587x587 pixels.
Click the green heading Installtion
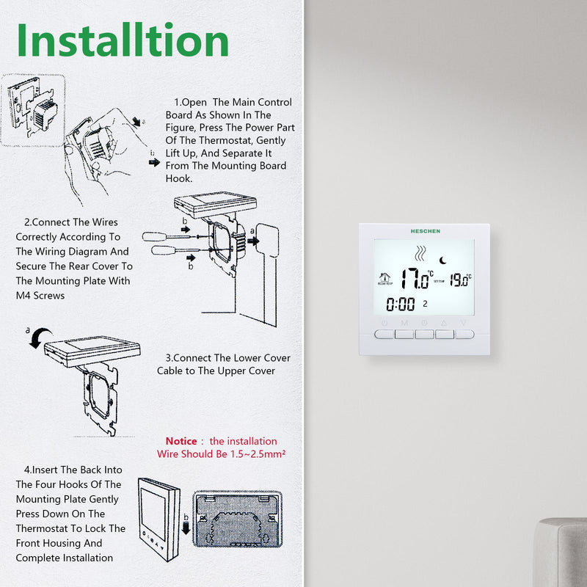tap(123, 40)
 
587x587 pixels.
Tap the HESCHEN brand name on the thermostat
tap(426, 231)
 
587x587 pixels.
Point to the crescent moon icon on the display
tap(443, 260)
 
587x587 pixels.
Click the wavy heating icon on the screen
tap(420, 253)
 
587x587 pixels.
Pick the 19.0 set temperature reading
tap(460, 280)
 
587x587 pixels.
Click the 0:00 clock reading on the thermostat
tap(400, 305)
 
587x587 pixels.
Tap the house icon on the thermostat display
tap(384, 277)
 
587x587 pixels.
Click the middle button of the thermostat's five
tap(424, 334)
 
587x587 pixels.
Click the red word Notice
tap(181, 441)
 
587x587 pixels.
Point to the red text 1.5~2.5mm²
tap(258, 453)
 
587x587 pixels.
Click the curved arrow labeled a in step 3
tap(40, 337)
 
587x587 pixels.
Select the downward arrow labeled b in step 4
tap(186, 528)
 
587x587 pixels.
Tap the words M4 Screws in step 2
tap(40, 296)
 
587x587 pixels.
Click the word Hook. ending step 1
tap(179, 178)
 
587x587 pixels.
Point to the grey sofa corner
tap(561, 553)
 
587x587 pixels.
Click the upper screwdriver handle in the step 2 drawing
tap(154, 236)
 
